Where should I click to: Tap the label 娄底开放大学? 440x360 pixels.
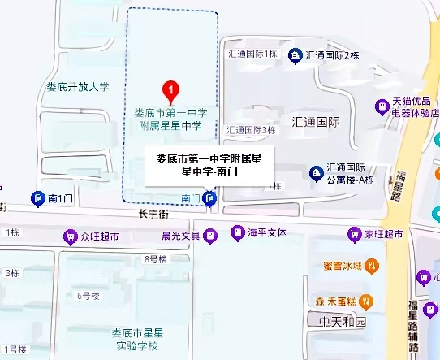click(x=77, y=86)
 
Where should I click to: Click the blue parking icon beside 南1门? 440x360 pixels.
click(x=37, y=197)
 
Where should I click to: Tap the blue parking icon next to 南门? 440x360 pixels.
click(x=210, y=197)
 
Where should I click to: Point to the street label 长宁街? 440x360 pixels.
click(x=153, y=215)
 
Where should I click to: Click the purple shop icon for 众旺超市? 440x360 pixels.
click(x=71, y=236)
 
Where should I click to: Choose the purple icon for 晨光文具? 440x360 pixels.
click(x=210, y=236)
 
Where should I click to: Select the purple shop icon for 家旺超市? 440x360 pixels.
click(x=354, y=234)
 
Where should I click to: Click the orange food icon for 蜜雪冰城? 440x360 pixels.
click(x=371, y=265)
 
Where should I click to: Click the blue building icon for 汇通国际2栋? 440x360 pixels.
click(x=295, y=55)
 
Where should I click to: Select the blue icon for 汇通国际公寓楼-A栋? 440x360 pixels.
click(x=316, y=172)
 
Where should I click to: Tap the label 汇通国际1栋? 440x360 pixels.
click(x=252, y=54)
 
